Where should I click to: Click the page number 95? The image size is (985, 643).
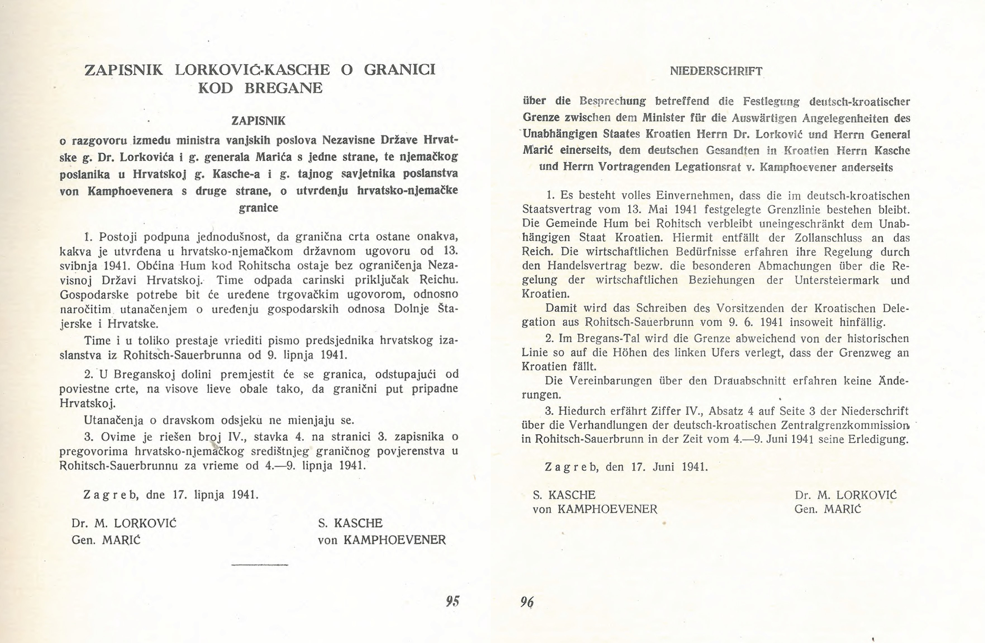(453, 601)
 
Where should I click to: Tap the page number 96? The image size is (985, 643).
(527, 602)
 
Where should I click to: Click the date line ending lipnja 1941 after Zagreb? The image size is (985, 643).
(171, 495)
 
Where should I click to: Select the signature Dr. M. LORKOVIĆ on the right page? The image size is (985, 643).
(845, 495)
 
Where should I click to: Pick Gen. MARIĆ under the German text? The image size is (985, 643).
(827, 509)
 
